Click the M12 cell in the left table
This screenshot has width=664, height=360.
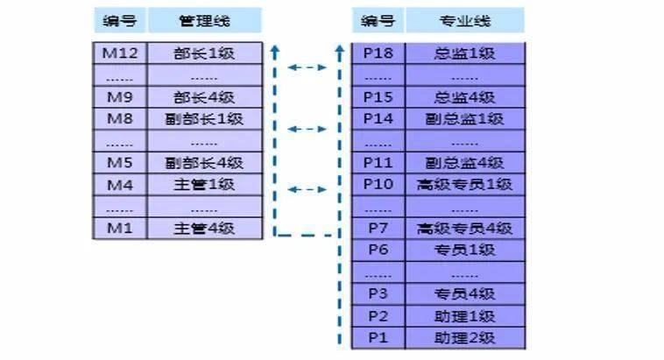tap(120, 53)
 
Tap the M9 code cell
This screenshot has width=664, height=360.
tap(120, 97)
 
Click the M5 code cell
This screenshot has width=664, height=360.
tap(120, 162)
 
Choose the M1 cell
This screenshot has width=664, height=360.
tap(120, 228)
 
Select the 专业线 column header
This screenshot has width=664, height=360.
tap(464, 19)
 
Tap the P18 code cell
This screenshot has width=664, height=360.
tap(379, 53)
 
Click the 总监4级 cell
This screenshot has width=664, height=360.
tap(464, 97)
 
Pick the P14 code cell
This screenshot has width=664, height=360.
tap(379, 118)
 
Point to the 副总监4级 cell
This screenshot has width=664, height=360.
tap(464, 162)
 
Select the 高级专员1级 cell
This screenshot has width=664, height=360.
tap(464, 184)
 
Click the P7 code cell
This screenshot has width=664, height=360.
tap(379, 228)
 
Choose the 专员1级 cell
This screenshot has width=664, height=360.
tap(464, 250)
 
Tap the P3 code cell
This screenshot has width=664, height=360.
tap(379, 293)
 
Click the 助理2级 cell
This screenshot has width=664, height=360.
tap(464, 336)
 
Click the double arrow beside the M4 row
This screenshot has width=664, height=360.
tap(307, 188)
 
